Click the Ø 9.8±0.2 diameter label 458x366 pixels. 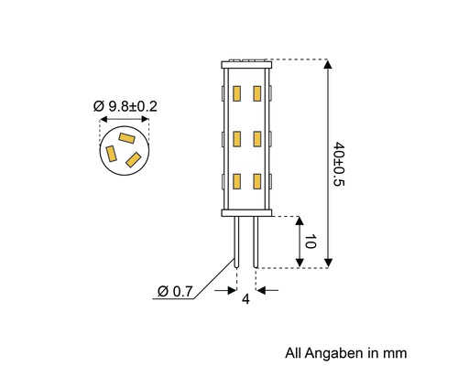(x=125, y=106)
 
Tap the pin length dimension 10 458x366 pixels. (x=311, y=242)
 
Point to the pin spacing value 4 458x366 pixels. (x=245, y=299)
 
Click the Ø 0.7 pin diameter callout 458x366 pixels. (x=174, y=292)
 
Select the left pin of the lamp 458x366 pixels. (x=236, y=240)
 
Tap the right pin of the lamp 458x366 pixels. (x=254, y=240)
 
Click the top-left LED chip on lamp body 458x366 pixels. (x=236, y=93)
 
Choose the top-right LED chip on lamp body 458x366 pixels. (x=257, y=93)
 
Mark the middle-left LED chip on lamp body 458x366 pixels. (x=236, y=138)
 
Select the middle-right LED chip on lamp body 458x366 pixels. (x=257, y=138)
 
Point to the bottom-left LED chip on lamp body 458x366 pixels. (x=236, y=181)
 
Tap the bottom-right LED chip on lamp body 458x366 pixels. (x=257, y=181)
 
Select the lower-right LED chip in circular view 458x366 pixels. (x=134, y=160)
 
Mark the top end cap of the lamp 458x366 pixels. (x=246, y=64)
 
